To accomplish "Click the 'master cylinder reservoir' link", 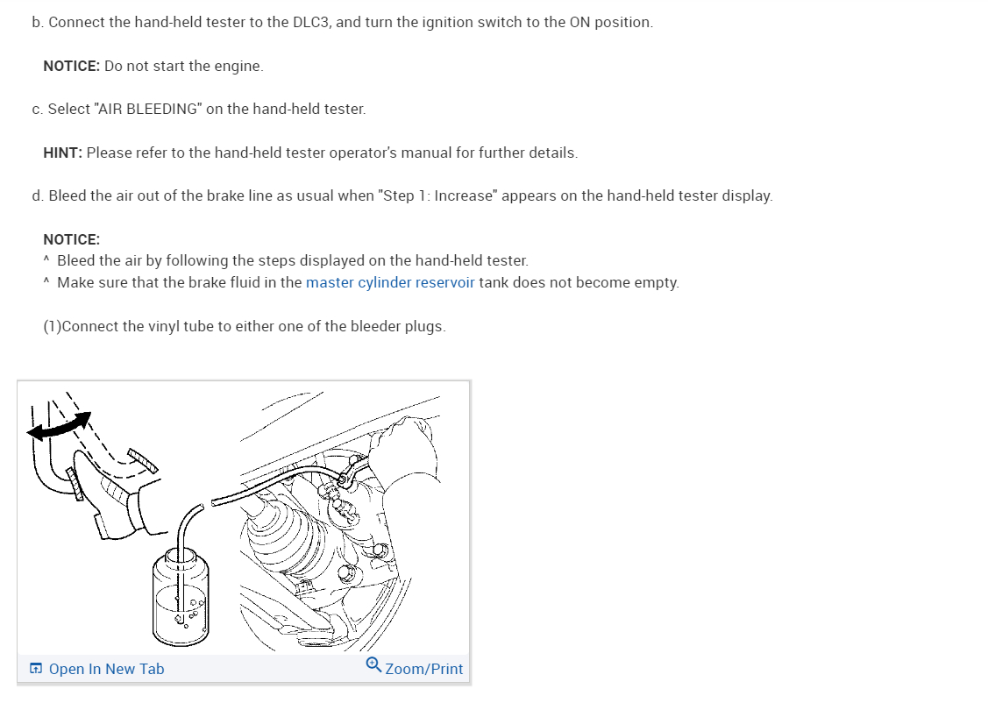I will [x=390, y=282].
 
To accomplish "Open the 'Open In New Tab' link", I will [x=106, y=669].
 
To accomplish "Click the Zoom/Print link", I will [x=423, y=669].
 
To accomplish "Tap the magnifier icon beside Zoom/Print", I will [x=373, y=665].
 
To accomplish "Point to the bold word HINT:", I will [x=62, y=153].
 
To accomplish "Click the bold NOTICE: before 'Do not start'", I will [x=71, y=66].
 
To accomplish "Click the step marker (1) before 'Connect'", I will [x=53, y=326].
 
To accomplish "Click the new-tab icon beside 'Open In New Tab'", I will [x=36, y=669].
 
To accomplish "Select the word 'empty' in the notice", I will [x=657, y=282].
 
